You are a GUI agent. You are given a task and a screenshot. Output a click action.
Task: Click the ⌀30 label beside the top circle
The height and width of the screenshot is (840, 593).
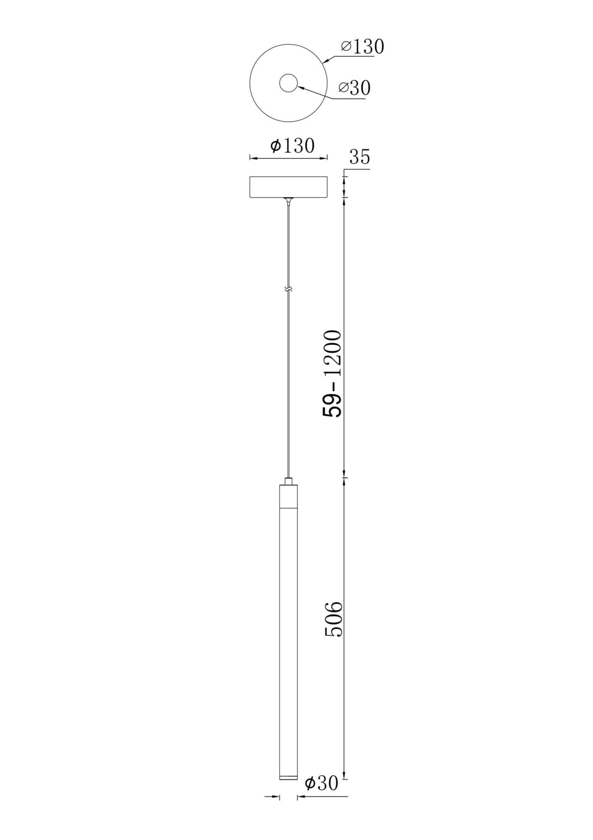coord(355,88)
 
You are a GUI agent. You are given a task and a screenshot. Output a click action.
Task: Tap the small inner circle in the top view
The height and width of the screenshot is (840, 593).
coord(288,83)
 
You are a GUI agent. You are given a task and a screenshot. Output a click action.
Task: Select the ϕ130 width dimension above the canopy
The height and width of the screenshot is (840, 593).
coord(292,146)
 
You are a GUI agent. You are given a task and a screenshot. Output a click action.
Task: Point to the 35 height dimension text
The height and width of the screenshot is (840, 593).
coord(360,157)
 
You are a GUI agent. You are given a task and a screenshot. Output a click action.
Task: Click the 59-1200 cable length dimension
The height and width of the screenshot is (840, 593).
coord(332,373)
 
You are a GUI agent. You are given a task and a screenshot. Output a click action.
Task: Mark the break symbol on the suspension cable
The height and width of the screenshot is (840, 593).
coord(288,289)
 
